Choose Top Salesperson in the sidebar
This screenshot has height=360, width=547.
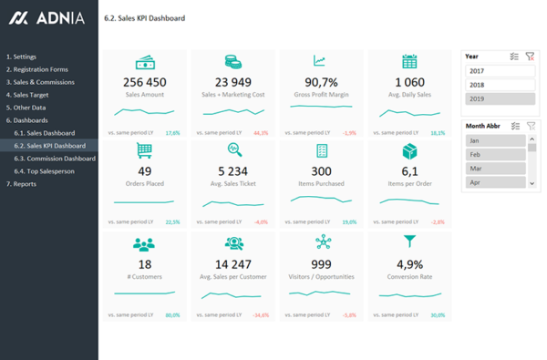(x=50, y=171)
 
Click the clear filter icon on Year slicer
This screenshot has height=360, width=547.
(x=530, y=57)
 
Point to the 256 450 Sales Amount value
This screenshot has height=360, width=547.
(x=144, y=83)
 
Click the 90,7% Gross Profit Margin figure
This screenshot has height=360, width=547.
(x=321, y=83)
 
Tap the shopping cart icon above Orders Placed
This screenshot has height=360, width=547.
(x=144, y=150)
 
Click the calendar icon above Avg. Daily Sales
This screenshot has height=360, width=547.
(x=409, y=61)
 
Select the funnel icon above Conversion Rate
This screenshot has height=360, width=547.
(x=409, y=242)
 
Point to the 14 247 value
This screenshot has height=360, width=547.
(x=233, y=265)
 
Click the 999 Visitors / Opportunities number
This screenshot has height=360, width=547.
(x=321, y=265)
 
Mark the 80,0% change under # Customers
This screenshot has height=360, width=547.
(x=172, y=315)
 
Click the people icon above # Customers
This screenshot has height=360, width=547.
(x=144, y=244)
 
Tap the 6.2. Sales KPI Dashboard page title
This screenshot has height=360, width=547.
(x=145, y=18)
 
